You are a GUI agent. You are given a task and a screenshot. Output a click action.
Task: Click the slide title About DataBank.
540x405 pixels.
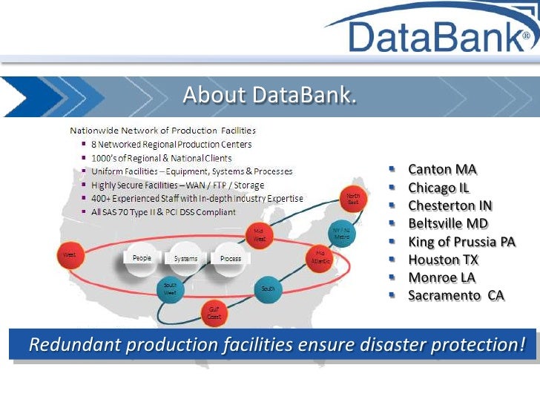point(269,95)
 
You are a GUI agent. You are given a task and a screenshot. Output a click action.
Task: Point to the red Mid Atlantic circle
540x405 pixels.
point(320,256)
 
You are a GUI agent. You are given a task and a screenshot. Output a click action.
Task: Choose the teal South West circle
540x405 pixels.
point(170,289)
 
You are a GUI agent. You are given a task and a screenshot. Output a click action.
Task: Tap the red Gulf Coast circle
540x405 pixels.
point(214,312)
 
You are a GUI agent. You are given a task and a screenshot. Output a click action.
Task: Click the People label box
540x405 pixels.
point(142,258)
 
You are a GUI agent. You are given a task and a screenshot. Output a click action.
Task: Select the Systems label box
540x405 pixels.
point(185,259)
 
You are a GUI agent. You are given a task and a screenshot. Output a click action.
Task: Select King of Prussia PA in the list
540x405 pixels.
point(461,242)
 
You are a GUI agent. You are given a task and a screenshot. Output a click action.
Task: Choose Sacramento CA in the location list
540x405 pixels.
point(456,295)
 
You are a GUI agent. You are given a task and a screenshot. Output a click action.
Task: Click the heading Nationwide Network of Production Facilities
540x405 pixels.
point(162,131)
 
